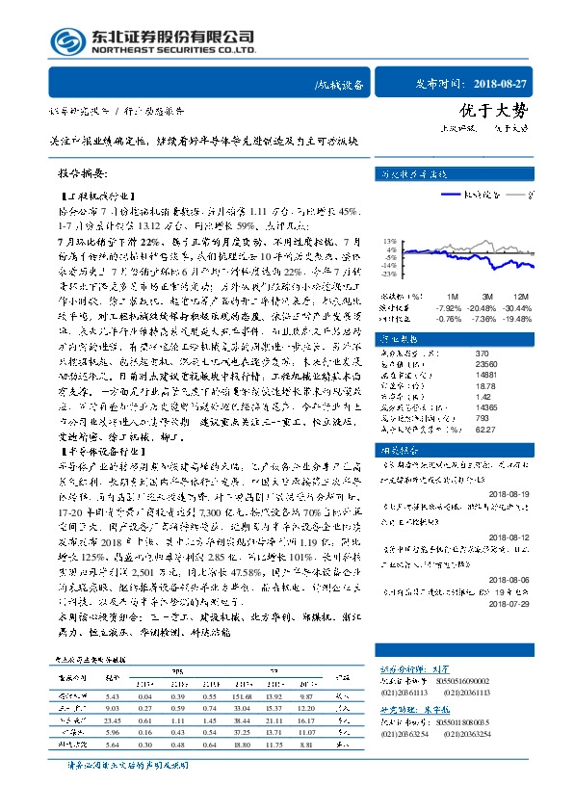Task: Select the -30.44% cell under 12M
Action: [518, 307]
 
